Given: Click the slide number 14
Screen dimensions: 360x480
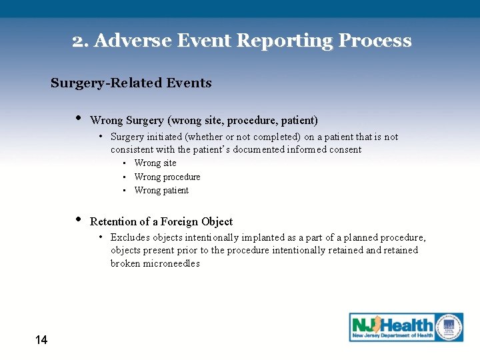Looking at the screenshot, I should [41, 341].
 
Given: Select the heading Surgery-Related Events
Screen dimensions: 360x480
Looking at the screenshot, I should [131, 83].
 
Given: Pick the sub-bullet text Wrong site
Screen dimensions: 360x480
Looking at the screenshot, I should [155, 163].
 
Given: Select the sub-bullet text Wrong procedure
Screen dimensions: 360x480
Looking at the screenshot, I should [167, 177].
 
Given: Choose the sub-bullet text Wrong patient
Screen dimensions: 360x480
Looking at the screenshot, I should [161, 191].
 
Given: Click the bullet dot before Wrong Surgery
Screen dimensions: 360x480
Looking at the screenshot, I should [79, 119].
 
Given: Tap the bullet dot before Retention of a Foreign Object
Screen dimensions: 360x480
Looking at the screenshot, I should [79, 221].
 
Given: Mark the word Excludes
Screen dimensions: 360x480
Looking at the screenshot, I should [130, 238].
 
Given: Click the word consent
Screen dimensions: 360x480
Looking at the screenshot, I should [344, 150].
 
